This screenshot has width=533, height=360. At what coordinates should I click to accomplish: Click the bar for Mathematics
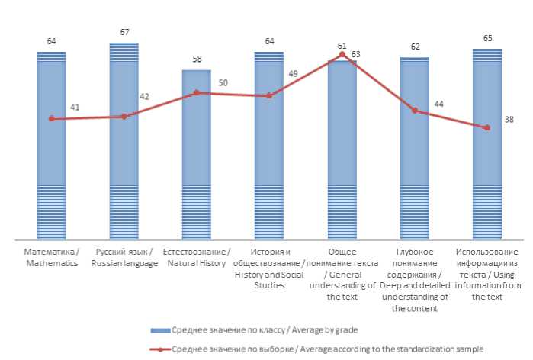pyautogui.click(x=51, y=145)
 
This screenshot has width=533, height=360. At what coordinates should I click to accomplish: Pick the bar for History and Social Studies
pyautogui.click(x=268, y=145)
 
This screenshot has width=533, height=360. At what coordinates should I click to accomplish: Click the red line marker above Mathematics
pyautogui.click(x=51, y=119)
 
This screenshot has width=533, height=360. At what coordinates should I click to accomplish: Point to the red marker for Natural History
pyautogui.click(x=196, y=93)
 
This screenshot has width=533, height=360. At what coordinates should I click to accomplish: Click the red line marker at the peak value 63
pyautogui.click(x=342, y=55)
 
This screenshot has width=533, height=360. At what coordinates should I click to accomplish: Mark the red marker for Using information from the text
pyautogui.click(x=486, y=127)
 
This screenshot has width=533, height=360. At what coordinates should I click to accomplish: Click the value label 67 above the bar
pyautogui.click(x=124, y=33)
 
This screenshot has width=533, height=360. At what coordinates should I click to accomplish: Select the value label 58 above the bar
pyautogui.click(x=196, y=59)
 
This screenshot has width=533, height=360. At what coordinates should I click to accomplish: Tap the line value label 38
pyautogui.click(x=509, y=120)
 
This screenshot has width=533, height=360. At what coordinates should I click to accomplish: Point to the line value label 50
pyautogui.click(x=223, y=82)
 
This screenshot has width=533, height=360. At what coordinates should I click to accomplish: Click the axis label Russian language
pyautogui.click(x=124, y=258)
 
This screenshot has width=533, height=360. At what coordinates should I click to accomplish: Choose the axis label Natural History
pyautogui.click(x=196, y=258)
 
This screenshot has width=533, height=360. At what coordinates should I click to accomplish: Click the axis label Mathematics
pyautogui.click(x=51, y=258)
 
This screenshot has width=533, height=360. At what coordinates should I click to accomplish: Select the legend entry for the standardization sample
pyautogui.click(x=320, y=349)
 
